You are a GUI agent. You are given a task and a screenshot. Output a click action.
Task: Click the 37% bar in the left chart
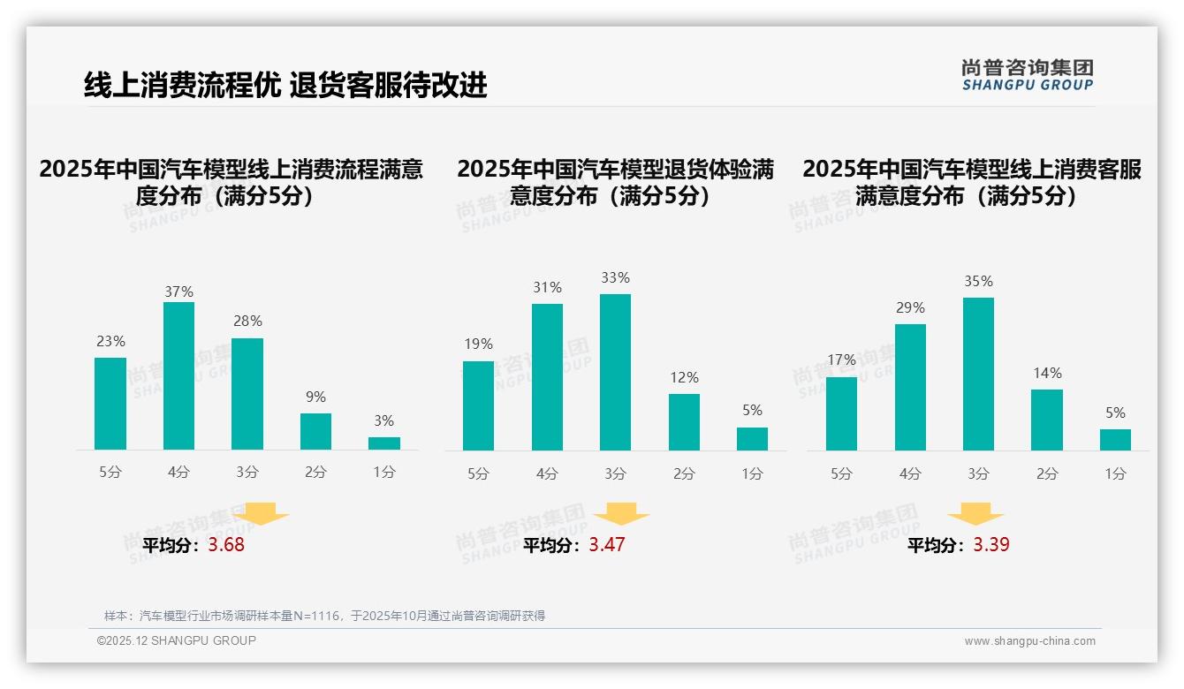178,375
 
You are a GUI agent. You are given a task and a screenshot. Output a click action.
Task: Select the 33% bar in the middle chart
615,372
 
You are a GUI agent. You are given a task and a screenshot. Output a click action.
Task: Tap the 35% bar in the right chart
978,374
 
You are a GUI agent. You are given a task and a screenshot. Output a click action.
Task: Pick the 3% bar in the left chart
384,443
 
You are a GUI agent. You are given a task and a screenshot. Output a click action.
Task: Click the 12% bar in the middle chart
684,421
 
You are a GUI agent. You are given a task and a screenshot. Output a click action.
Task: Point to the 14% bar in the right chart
1047,420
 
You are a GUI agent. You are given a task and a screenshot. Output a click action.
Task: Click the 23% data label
110,341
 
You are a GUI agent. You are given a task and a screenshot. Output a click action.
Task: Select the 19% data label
478,344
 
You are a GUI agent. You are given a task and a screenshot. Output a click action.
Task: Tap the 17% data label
841,360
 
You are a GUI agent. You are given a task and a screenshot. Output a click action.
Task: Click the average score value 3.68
226,545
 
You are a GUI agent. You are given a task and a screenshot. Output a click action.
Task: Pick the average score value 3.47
607,545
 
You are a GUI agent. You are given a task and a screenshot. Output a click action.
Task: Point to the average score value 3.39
991,545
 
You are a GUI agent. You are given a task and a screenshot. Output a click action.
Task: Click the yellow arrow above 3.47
621,514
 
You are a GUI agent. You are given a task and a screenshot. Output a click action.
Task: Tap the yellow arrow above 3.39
975,514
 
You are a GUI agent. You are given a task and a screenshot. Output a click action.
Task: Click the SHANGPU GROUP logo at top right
1028,75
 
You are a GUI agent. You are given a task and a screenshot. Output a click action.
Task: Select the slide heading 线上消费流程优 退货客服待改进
285,85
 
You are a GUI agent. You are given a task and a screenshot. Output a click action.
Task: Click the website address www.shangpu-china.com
1029,641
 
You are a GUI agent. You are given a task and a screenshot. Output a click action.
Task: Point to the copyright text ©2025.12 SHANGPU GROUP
177,640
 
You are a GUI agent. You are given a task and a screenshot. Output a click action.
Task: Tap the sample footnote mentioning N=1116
324,616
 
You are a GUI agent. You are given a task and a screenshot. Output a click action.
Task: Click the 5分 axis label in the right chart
841,473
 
